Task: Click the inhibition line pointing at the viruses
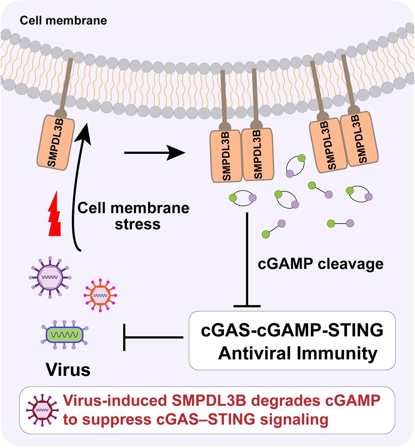[152, 337]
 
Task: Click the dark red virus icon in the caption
[43, 406]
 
